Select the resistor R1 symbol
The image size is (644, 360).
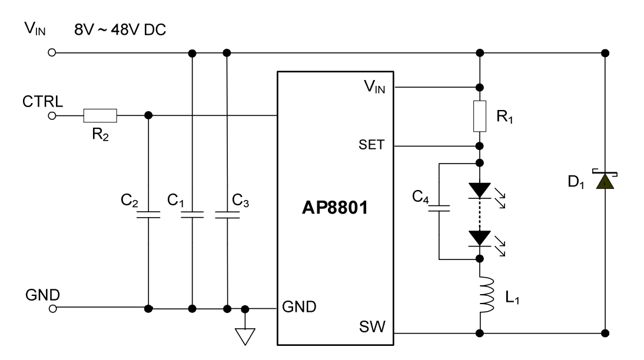coord(480,116)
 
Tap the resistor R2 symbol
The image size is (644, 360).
coord(100,115)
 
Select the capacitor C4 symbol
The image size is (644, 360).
coord(439,207)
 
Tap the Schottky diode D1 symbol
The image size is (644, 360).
coord(605,182)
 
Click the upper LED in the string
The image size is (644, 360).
coord(480,190)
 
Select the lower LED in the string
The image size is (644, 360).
coord(480,238)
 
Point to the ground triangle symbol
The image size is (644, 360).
coord(244,335)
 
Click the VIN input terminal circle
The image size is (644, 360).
coord(52,53)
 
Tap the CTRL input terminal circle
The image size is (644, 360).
coord(52,115)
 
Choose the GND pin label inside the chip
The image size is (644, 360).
coord(300,306)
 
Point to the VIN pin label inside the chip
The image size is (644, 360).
coord(374,87)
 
